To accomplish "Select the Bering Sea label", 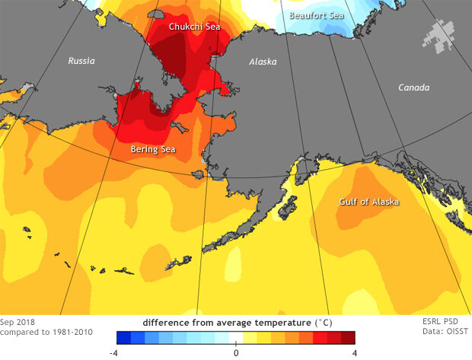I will pyautogui.click(x=153, y=149).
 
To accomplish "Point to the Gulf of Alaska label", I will pyautogui.click(x=368, y=202).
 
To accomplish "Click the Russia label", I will pyautogui.click(x=82, y=60).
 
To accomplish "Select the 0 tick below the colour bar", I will pyautogui.click(x=236, y=352).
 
